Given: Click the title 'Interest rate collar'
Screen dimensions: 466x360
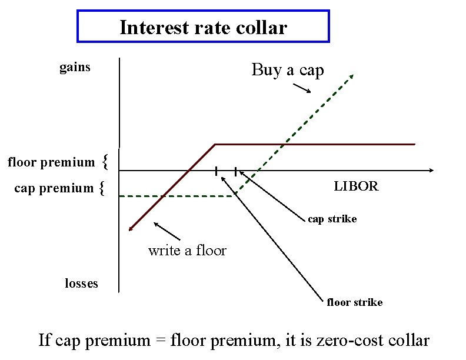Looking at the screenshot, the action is pyautogui.click(x=203, y=27).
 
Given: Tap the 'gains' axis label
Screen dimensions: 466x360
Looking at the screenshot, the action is pyautogui.click(x=75, y=67).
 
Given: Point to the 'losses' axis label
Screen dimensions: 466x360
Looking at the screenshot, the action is pyautogui.click(x=81, y=284).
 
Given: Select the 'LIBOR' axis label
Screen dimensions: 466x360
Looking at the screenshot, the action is pyautogui.click(x=356, y=186).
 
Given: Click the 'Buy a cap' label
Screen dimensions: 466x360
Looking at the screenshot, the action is pyautogui.click(x=288, y=70).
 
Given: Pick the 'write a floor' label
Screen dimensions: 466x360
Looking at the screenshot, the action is pyautogui.click(x=187, y=251).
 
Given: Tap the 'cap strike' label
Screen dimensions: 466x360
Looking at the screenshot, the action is pyautogui.click(x=332, y=219).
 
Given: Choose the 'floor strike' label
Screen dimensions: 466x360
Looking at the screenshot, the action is pyautogui.click(x=354, y=302).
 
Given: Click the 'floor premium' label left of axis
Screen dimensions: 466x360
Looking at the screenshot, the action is pyautogui.click(x=51, y=162).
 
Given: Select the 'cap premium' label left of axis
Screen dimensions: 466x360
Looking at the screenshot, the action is pyautogui.click(x=54, y=188).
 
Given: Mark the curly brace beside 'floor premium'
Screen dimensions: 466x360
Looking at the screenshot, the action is pyautogui.click(x=104, y=160).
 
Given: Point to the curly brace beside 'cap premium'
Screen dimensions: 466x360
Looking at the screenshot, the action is pyautogui.click(x=102, y=188).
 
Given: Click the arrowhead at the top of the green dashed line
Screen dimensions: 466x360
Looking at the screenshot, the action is pyautogui.click(x=352, y=75).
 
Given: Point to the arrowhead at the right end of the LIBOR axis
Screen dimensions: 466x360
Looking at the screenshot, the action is pyautogui.click(x=431, y=171).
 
